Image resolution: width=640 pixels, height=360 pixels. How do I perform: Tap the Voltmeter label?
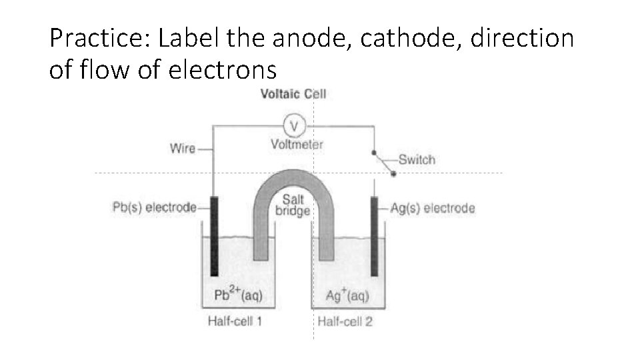coord(297,143)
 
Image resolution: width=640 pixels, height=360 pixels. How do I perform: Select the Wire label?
coord(183,148)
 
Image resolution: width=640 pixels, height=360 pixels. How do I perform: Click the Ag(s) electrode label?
coord(432,208)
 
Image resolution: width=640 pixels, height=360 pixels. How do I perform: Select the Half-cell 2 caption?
coord(345,321)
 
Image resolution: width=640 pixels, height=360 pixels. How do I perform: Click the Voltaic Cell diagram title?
coord(293,93)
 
